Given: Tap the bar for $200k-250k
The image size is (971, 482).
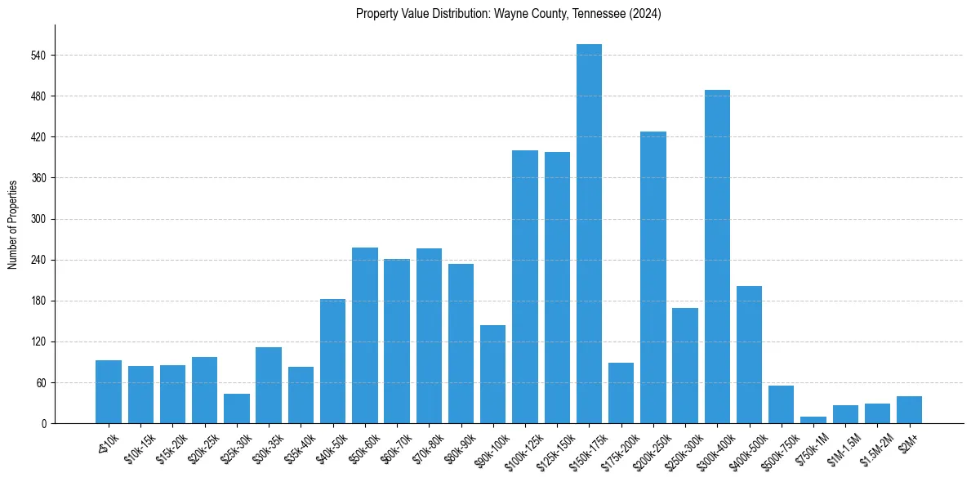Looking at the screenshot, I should click(653, 278).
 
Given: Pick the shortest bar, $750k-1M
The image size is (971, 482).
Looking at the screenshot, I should click(813, 420).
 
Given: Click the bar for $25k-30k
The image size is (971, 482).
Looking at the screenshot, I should click(237, 408).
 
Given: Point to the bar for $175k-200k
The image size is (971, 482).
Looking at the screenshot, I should click(621, 393).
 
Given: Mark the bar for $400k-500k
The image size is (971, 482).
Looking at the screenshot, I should click(749, 355).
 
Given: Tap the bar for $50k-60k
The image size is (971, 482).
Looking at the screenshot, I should click(365, 335).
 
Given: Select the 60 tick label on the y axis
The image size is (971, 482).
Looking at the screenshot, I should click(41, 383).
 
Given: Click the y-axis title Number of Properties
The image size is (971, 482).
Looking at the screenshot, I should click(12, 225).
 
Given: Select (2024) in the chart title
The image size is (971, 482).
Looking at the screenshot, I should click(645, 14).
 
